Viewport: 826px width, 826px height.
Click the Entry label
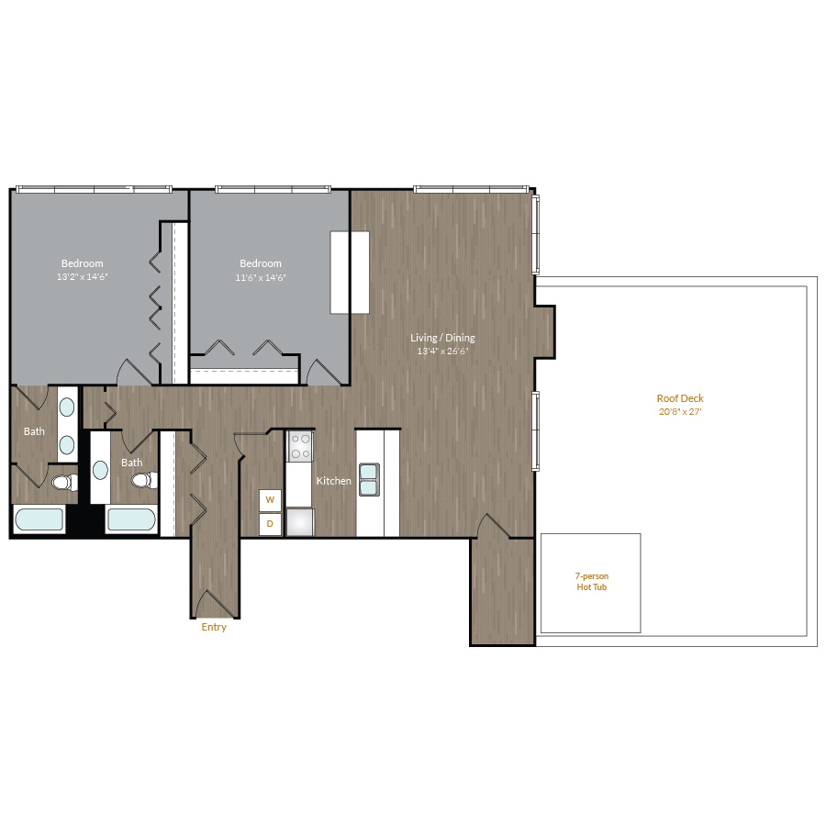[x=214, y=627]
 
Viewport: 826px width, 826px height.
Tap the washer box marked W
[x=270, y=500]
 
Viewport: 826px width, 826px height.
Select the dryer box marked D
[x=270, y=524]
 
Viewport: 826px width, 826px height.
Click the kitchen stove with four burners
[x=300, y=446]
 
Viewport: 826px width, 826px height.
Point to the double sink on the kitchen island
[x=369, y=479]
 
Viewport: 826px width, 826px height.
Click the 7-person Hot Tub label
[x=592, y=582]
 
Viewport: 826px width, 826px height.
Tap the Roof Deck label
[x=680, y=398]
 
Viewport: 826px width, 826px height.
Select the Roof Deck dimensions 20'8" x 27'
[x=680, y=412]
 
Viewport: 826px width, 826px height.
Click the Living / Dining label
[x=442, y=338]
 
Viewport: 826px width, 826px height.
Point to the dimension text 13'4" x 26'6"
[x=442, y=351]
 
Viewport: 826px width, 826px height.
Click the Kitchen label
[x=333, y=481]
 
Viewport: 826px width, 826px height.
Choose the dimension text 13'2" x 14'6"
[x=83, y=276]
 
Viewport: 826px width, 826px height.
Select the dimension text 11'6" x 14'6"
[x=261, y=277]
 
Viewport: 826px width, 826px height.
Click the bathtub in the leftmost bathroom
[x=39, y=519]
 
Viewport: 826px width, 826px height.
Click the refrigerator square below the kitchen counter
[x=300, y=522]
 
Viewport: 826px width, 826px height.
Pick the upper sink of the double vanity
[x=67, y=407]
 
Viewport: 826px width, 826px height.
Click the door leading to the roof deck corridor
[x=494, y=526]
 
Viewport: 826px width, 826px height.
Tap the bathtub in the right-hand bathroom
[x=131, y=519]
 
